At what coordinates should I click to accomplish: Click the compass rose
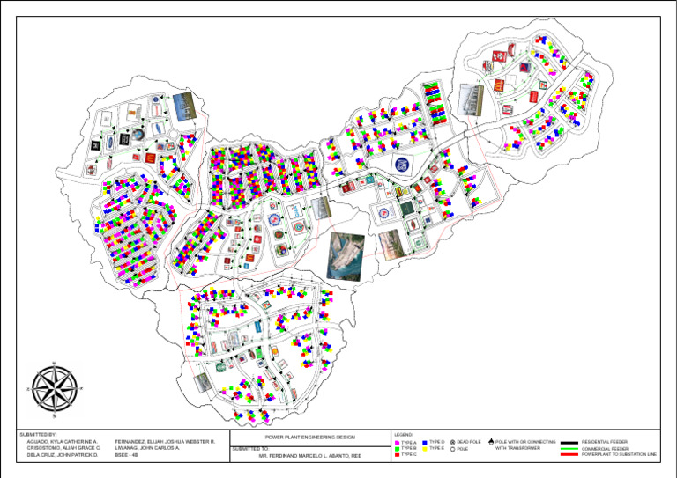(55, 387)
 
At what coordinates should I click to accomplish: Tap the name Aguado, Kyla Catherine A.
(63, 442)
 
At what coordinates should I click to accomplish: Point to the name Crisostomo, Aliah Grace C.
(65, 449)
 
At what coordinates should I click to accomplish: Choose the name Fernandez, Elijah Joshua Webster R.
(165, 442)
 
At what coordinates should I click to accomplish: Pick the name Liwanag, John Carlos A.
(147, 449)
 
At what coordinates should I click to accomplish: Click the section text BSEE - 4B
(128, 456)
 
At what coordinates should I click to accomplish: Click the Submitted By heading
(39, 435)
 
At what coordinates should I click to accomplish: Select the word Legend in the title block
(404, 435)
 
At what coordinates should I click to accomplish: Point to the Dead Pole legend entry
(468, 442)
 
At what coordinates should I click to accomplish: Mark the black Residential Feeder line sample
(569, 442)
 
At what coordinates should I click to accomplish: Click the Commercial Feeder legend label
(606, 449)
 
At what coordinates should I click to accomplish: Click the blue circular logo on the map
(402, 165)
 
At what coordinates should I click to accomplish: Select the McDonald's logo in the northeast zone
(495, 85)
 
